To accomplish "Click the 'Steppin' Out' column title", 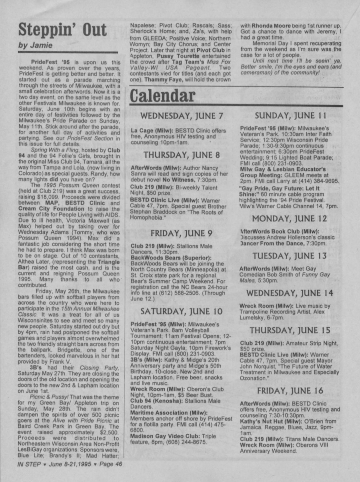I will [x=63, y=30].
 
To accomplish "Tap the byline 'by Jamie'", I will [x=36, y=45].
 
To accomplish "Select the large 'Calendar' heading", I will [x=162, y=96].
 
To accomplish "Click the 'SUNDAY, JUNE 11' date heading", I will [x=290, y=116].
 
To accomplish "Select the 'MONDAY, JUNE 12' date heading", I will [x=289, y=218].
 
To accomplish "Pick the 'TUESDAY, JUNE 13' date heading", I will [x=289, y=256].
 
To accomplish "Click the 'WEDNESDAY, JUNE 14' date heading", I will [x=289, y=293].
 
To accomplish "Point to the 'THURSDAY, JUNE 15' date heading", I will [x=290, y=330].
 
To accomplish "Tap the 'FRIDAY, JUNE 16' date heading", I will [x=290, y=390].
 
